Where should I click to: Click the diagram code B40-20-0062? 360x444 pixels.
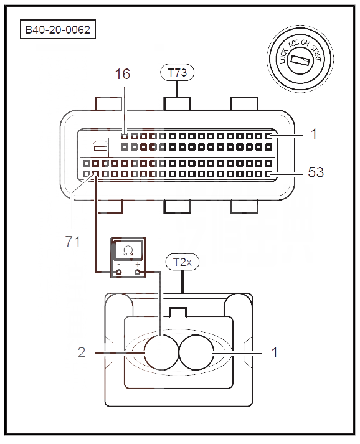tap(58, 29)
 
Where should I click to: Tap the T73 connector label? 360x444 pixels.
tap(178, 72)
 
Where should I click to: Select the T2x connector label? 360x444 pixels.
tap(182, 262)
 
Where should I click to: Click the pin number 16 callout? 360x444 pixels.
tap(122, 74)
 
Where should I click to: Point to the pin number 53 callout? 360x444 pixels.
tap(316, 172)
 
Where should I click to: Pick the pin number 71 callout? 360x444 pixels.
tap(72, 242)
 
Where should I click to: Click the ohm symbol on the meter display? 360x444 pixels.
tap(128, 250)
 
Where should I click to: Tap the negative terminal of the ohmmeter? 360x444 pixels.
tap(119, 272)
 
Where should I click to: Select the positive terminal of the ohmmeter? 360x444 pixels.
tap(138, 272)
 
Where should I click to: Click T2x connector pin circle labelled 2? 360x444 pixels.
tap(162, 352)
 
